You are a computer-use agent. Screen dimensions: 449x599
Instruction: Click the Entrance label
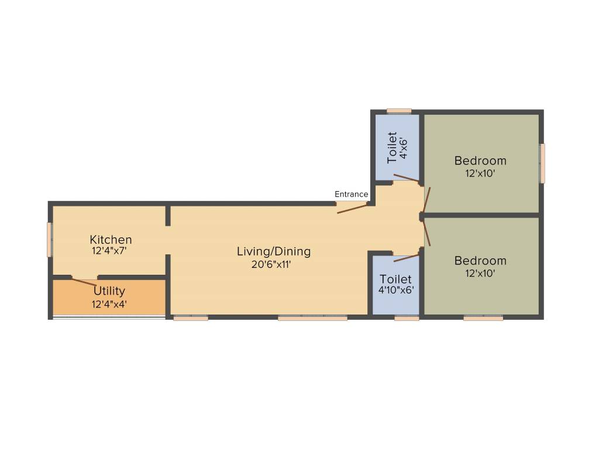pyautogui.click(x=351, y=194)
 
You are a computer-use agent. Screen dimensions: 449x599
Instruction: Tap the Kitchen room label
pyautogui.click(x=111, y=239)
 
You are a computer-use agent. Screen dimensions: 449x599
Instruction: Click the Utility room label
pyautogui.click(x=109, y=291)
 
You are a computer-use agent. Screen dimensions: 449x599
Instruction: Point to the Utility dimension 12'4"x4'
pyautogui.click(x=109, y=303)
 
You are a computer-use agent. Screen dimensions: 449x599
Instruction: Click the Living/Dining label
pyautogui.click(x=274, y=251)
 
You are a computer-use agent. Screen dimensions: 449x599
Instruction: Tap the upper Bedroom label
pyautogui.click(x=480, y=160)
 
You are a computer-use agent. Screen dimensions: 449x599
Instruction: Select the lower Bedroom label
pyautogui.click(x=480, y=260)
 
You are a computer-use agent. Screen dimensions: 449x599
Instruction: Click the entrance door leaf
pyautogui.click(x=352, y=208)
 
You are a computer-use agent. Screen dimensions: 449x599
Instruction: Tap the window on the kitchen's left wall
pyautogui.click(x=50, y=239)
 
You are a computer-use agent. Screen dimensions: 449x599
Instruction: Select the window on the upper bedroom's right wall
pyautogui.click(x=542, y=163)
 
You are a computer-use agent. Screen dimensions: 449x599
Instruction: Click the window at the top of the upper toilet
pyautogui.click(x=399, y=110)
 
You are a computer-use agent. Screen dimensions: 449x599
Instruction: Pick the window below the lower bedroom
pyautogui.click(x=483, y=318)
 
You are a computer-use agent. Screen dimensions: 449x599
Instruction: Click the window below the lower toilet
pyautogui.click(x=407, y=318)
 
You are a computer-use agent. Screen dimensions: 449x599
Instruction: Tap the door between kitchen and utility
pyautogui.click(x=84, y=281)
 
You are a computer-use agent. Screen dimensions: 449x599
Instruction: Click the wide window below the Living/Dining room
pyautogui.click(x=312, y=318)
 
